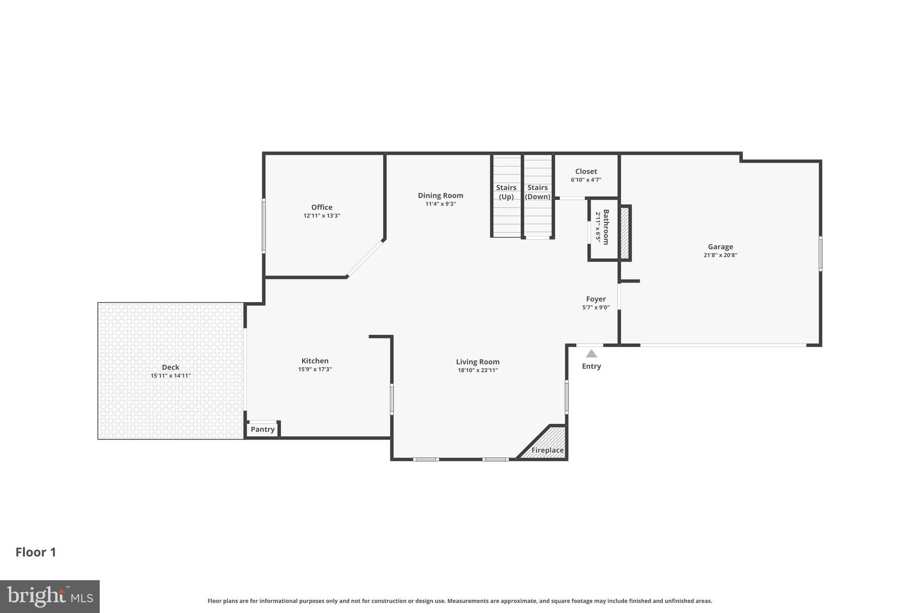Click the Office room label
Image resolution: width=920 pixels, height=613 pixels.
[x=322, y=207]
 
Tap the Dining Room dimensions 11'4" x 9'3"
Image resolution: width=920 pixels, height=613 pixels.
[x=440, y=204]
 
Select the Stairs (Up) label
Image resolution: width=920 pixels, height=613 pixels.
[x=506, y=192]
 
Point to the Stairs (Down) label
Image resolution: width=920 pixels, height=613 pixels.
[x=537, y=192]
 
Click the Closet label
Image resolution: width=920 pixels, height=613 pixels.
[x=586, y=171]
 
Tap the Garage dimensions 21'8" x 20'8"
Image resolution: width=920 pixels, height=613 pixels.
[x=720, y=255]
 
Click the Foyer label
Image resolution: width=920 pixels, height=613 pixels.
[x=596, y=299]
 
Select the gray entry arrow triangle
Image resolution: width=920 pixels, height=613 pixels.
[x=591, y=354]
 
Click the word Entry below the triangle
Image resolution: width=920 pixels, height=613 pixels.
[x=591, y=366]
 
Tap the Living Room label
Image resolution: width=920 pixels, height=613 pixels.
[x=478, y=362]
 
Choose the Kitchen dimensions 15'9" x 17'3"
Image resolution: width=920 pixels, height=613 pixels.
[x=315, y=369]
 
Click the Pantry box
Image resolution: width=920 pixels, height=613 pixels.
[x=262, y=429]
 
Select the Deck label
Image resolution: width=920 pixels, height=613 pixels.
[x=171, y=367]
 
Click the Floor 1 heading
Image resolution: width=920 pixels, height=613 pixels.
[x=36, y=552]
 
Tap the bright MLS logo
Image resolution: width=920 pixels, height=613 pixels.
[x=50, y=596]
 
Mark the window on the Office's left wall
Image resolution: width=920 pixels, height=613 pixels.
[x=264, y=226]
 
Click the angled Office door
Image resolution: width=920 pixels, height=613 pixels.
[x=365, y=258]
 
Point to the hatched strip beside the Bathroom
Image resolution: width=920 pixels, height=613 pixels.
[x=624, y=233]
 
